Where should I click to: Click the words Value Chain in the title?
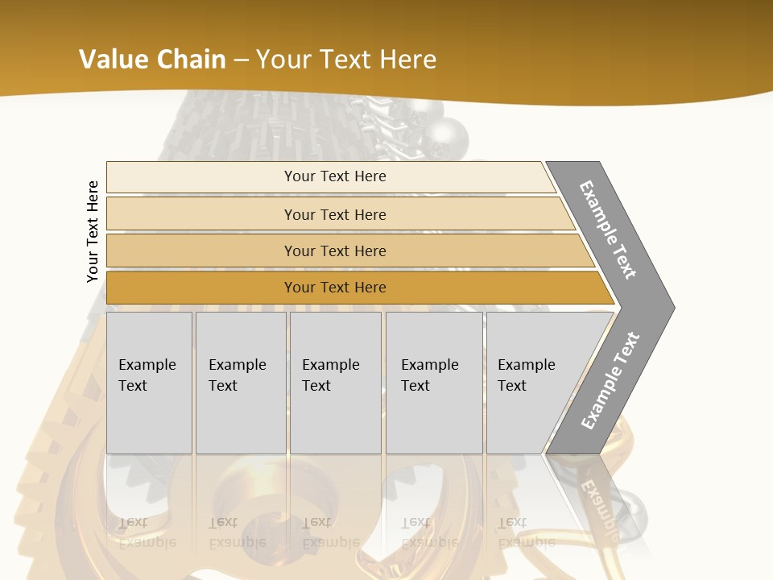click(152, 60)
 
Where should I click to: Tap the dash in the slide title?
click(241, 60)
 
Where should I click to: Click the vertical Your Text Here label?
click(93, 231)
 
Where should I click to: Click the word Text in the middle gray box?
click(316, 386)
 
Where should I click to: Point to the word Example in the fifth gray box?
click(526, 365)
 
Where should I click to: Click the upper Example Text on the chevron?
click(608, 230)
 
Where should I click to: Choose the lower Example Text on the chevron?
click(610, 381)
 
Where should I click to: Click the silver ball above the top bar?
click(450, 134)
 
